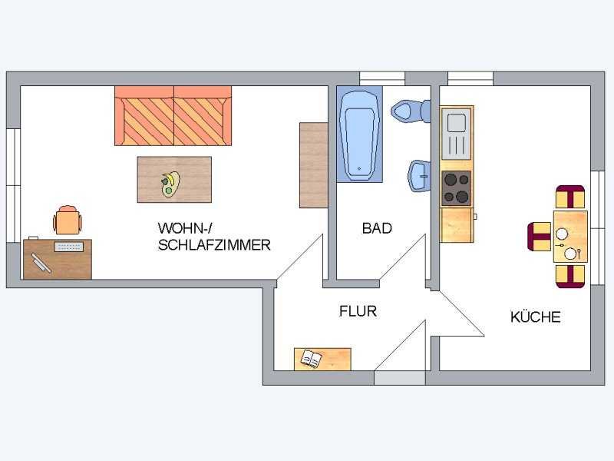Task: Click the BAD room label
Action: [x=377, y=228]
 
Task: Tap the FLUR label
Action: [x=358, y=311]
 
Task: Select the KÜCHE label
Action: [x=535, y=317]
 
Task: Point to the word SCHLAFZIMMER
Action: [x=214, y=245]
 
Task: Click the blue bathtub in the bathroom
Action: [x=359, y=134]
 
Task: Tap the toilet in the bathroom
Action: [x=412, y=111]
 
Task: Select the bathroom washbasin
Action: [x=419, y=176]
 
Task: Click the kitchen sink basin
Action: [x=457, y=122]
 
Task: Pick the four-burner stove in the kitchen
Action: [x=456, y=188]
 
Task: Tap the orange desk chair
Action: [x=68, y=221]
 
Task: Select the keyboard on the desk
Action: [x=69, y=247]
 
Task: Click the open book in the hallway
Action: [x=312, y=359]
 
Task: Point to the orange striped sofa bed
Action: [x=173, y=116]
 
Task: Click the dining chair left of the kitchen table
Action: [x=540, y=237]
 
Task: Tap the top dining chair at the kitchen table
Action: [x=570, y=197]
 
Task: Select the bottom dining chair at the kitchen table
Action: [x=570, y=277]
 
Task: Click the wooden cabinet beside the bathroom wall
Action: [x=313, y=165]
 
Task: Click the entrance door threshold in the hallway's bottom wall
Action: [x=399, y=378]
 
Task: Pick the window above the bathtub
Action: [x=381, y=78]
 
